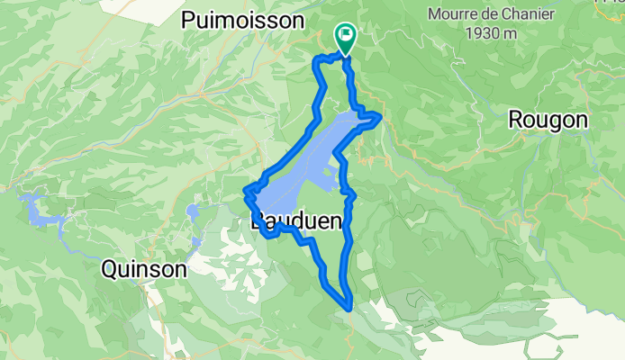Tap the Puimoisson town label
click(244, 20)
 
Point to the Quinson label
click(144, 268)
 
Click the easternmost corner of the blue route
click(381, 116)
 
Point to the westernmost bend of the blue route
click(246, 190)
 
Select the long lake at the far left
click(41, 213)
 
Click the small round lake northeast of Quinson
click(192, 212)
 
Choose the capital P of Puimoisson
click(188, 20)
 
